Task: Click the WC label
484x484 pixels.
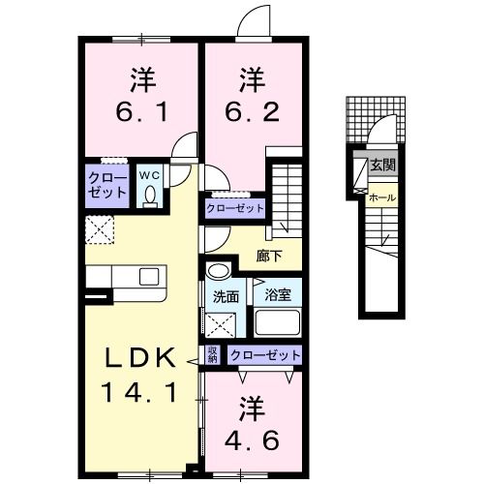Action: coord(149,175)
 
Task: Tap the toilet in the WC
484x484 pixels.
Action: coord(149,197)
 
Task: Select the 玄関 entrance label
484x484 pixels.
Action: coord(382,166)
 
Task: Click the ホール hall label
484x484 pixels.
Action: coord(382,197)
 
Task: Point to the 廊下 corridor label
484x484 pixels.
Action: coord(269,257)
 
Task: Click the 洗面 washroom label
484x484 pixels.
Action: coord(226,297)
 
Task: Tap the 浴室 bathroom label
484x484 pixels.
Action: coord(278,294)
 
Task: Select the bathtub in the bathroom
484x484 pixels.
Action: coord(278,322)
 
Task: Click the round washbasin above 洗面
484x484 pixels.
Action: coord(219,270)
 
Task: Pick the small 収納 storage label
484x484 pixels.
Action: coord(213,355)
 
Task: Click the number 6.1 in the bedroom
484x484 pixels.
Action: coord(142,112)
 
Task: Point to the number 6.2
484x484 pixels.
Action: coord(252,112)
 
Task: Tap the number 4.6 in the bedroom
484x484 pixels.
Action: coord(252,440)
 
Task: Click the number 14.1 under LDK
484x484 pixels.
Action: coord(139,392)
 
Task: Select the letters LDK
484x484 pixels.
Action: coord(141,358)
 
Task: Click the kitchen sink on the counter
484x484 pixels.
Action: coord(149,277)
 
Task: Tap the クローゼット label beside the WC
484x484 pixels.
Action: coord(107,186)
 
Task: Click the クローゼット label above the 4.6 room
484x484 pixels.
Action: coord(265,355)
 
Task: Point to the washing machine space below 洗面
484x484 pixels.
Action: coord(221,324)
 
